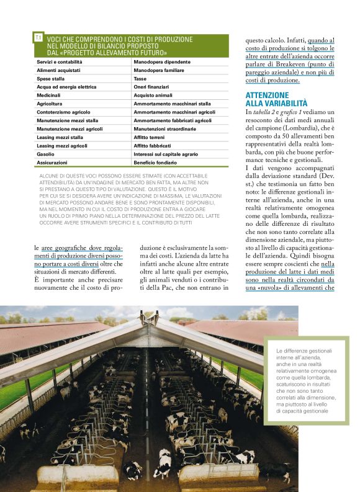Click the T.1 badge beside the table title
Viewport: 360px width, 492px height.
click(x=38, y=38)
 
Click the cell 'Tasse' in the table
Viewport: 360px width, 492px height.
click(x=140, y=79)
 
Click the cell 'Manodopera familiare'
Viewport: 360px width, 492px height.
click(x=159, y=71)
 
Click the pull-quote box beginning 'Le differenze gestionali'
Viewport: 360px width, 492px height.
click(x=305, y=381)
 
